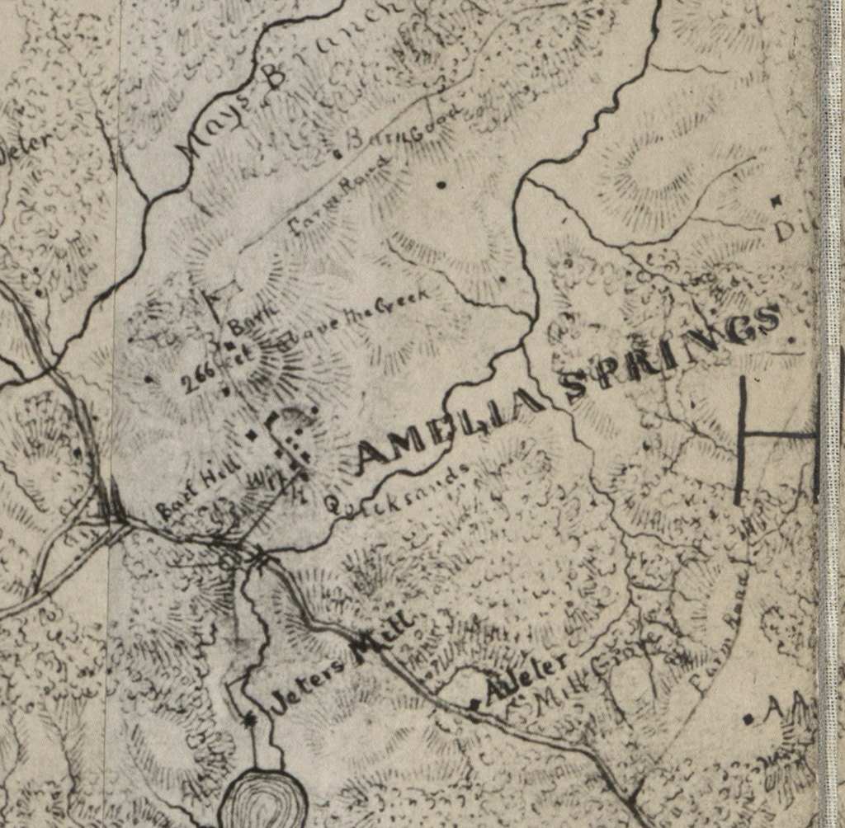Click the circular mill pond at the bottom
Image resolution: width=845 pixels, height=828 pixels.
(264, 798)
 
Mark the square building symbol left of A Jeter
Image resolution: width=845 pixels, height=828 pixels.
(474, 704)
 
